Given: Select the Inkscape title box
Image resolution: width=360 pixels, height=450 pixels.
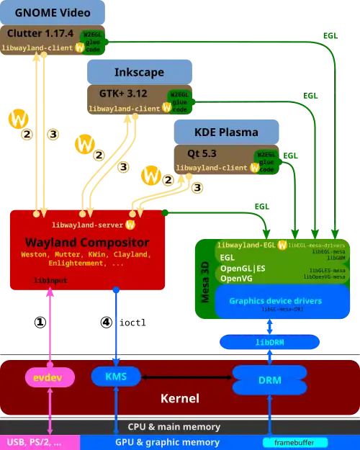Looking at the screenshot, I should [x=139, y=73].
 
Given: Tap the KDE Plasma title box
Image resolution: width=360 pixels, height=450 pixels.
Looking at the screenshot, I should [x=226, y=132].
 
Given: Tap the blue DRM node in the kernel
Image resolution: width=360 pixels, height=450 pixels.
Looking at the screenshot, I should [x=270, y=379].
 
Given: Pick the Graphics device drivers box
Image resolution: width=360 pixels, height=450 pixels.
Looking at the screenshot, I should [x=275, y=301].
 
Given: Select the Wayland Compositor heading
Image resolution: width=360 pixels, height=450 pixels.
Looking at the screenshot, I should [x=87, y=242].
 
